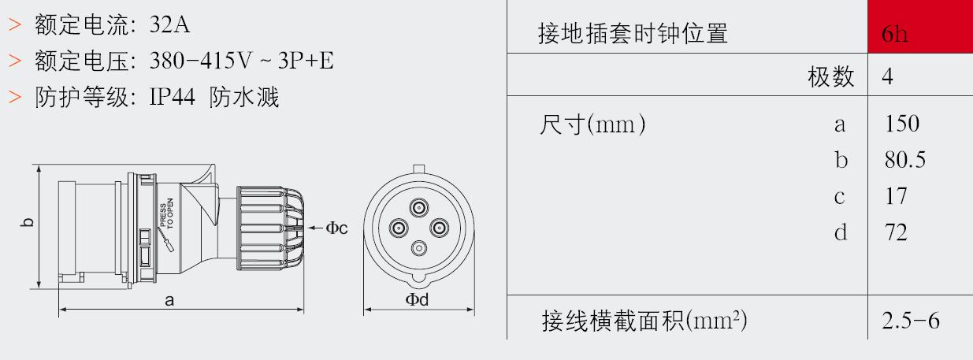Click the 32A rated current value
169,24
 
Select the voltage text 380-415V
200,61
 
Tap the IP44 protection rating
172,96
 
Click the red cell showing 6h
920,27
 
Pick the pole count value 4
887,76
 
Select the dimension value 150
902,124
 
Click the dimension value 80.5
904,159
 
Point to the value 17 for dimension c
896,196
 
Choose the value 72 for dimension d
896,232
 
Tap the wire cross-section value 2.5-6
911,321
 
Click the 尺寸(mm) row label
592,124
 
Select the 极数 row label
830,77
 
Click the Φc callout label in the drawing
336,228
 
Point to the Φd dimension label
417,299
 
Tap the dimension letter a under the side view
169,300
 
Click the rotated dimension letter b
27,222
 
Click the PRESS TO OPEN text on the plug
166,213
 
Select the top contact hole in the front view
418,208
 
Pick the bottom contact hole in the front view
418,249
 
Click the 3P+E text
306,61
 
